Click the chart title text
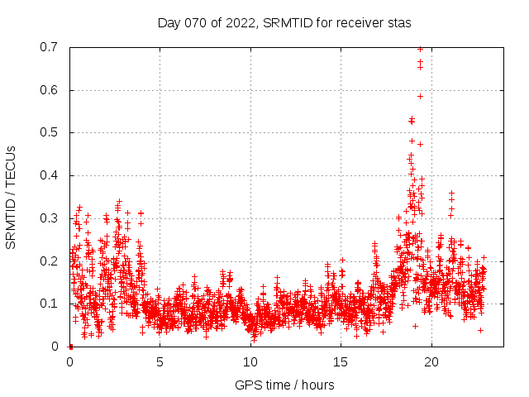click(284, 22)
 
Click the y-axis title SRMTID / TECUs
click(12, 198)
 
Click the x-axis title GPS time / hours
click(284, 385)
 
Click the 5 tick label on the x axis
click(160, 361)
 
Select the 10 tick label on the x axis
click(251, 361)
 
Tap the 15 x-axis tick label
click(341, 361)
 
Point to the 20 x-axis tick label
click(432, 361)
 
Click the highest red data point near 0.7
click(420, 49)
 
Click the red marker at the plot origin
click(70, 347)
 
